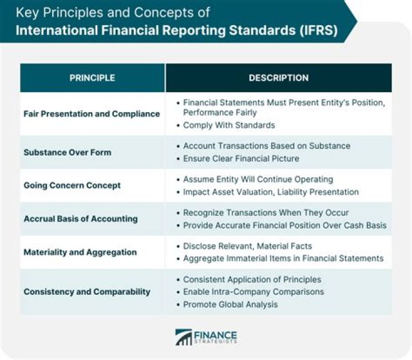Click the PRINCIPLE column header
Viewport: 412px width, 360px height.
coord(92,78)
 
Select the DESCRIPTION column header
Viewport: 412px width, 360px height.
coord(279,78)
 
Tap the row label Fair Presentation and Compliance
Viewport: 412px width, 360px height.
coord(92,114)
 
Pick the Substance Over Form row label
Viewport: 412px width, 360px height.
coord(68,152)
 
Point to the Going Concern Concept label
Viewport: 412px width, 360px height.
coord(72,185)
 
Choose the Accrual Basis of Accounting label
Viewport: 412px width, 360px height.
coord(81,219)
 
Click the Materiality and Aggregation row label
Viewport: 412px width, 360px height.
coord(80,252)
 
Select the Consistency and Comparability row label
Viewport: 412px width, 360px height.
coord(87,291)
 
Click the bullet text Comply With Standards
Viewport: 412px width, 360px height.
coord(229,125)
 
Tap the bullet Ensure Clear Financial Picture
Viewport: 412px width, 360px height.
coord(241,159)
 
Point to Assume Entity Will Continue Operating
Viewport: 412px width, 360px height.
coord(258,180)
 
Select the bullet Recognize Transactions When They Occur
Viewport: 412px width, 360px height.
coord(266,213)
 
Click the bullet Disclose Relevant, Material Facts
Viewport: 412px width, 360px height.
coord(248,246)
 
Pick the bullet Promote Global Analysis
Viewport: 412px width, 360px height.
coord(231,304)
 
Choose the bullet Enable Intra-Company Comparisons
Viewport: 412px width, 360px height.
coord(253,292)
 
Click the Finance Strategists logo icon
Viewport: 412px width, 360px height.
coord(184,337)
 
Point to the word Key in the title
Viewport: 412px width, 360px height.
coord(26,12)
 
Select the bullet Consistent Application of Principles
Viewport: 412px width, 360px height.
coord(252,279)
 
